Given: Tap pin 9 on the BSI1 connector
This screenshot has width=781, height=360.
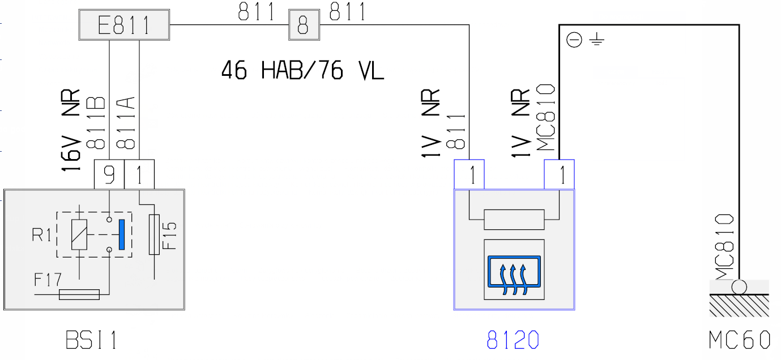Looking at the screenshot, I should [109, 175].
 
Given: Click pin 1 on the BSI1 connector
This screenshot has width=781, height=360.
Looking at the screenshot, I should [139, 175].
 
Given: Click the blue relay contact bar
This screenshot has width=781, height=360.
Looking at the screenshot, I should [121, 235].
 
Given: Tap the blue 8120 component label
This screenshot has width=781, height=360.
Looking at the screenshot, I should [513, 340].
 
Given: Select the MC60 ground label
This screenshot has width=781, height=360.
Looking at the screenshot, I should [740, 340].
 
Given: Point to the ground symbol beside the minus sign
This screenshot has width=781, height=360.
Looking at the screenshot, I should [597, 40].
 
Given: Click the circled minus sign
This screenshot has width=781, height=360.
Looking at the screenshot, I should [575, 40].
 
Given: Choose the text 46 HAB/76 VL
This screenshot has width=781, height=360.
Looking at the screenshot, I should [302, 71].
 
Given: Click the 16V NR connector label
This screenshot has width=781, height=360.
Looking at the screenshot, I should [70, 131].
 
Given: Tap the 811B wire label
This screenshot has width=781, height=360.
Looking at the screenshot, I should [96, 123].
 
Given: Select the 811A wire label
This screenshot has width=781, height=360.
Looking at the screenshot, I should [126, 123].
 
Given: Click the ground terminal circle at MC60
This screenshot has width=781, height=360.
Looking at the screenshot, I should [739, 287].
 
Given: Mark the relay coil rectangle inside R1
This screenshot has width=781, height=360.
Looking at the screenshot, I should [79, 234].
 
